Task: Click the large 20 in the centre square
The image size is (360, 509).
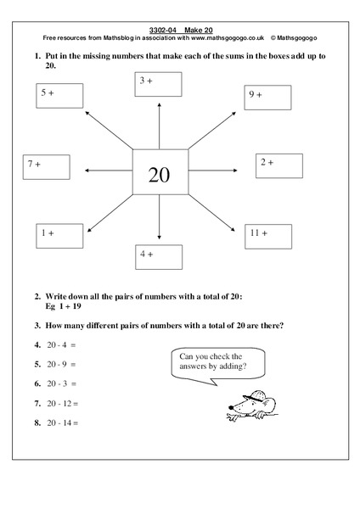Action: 160,174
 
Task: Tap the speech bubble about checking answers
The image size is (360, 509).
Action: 213,363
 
